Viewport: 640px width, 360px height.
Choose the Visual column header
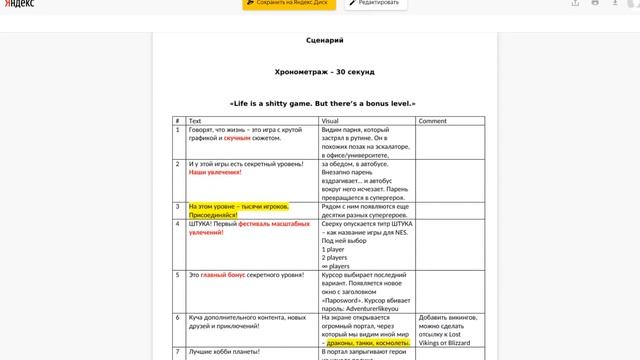click(330, 120)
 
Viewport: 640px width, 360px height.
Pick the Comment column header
click(432, 120)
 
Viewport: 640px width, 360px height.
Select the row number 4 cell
click(178, 225)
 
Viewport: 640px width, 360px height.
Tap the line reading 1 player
click(334, 249)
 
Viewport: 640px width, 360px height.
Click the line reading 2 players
click(335, 258)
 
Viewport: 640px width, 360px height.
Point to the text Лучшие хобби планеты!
click(225, 352)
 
